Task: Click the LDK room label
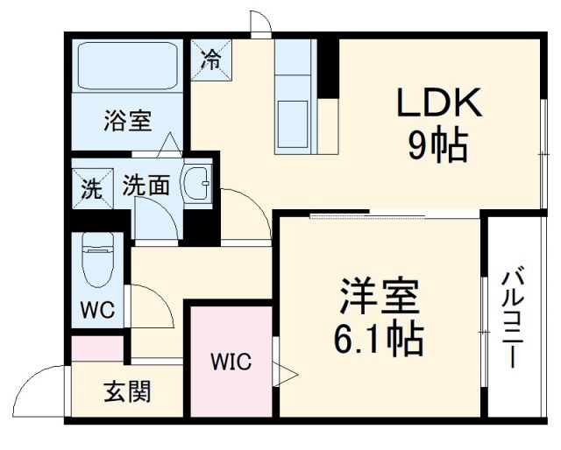pyautogui.click(x=439, y=105)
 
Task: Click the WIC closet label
pyautogui.click(x=231, y=361)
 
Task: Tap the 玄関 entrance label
pyautogui.click(x=128, y=390)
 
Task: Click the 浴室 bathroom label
pyautogui.click(x=128, y=120)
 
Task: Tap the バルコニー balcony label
pyautogui.click(x=513, y=320)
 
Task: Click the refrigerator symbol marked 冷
pyautogui.click(x=210, y=59)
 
